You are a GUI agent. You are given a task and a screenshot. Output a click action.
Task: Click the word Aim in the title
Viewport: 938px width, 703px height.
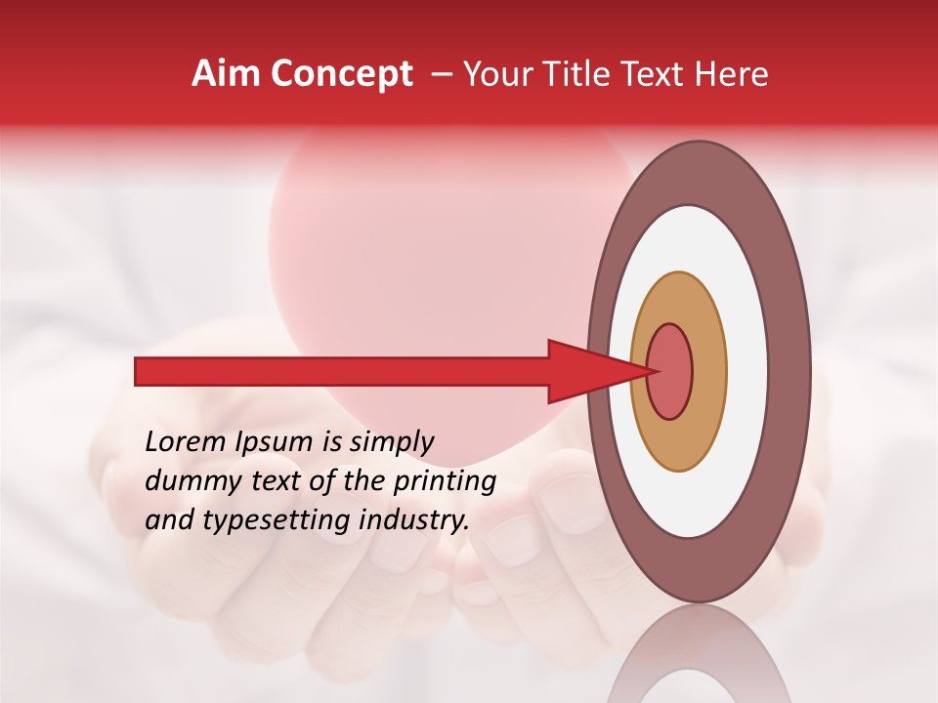[225, 74]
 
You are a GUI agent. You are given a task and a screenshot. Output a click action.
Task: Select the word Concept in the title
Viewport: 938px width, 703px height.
[341, 75]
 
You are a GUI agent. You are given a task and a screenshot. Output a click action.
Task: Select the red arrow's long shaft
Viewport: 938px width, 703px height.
[342, 371]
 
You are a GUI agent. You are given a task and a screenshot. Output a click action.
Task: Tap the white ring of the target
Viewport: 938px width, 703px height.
[746, 371]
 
